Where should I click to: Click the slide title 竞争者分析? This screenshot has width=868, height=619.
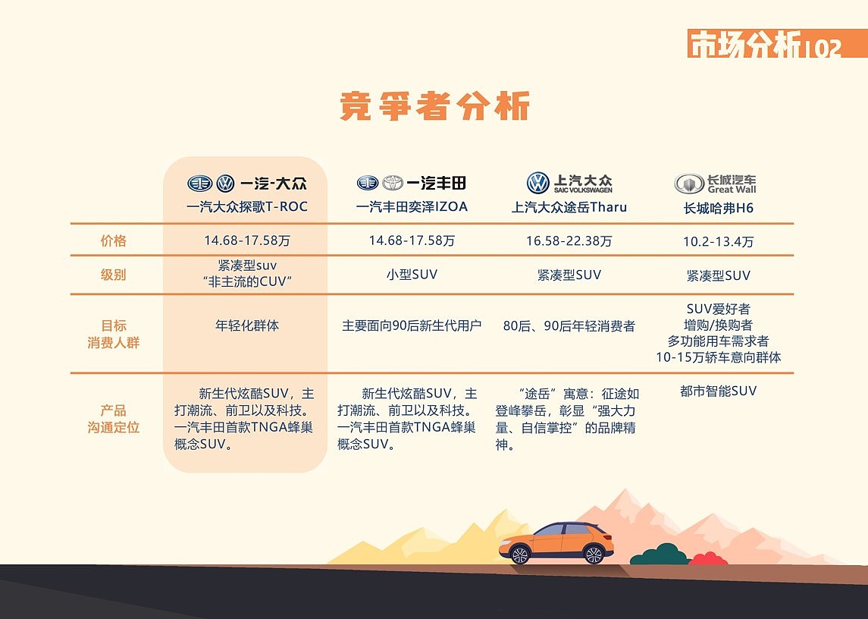click(x=434, y=107)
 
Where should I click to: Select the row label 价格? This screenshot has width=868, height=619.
click(x=114, y=241)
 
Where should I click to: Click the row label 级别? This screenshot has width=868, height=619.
click(x=114, y=275)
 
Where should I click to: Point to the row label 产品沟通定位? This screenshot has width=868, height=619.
click(x=114, y=419)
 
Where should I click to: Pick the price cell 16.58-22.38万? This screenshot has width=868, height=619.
click(x=569, y=241)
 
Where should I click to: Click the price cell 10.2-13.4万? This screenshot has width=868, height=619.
click(x=718, y=242)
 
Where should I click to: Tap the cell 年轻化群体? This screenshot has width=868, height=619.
click(x=247, y=325)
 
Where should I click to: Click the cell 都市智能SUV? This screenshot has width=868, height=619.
click(x=718, y=391)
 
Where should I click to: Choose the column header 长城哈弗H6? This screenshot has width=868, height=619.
click(x=718, y=207)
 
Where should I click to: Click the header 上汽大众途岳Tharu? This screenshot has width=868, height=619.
click(x=569, y=207)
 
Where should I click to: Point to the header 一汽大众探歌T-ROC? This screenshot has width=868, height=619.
click(x=247, y=206)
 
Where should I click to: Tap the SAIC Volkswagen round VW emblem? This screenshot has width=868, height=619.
click(x=537, y=183)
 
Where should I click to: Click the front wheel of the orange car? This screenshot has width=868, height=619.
click(x=594, y=555)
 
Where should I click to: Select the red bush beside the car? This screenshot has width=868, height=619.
click(x=708, y=560)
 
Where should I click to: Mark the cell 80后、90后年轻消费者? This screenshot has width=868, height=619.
click(x=569, y=326)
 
